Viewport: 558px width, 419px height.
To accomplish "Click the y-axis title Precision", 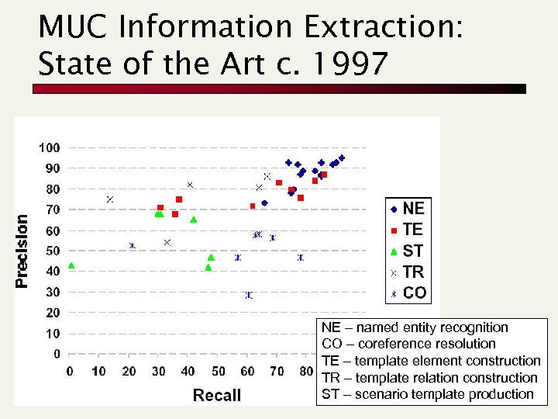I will click(22, 251).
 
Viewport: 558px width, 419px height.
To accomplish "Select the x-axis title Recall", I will click(217, 395).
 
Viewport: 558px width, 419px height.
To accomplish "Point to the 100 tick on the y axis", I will click(49, 147).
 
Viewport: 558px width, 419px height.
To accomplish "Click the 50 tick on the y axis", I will click(52, 251).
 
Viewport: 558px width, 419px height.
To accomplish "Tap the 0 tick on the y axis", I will click(56, 354).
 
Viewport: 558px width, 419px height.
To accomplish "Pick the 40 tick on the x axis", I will click(188, 372).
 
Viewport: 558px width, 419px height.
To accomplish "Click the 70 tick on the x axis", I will click(277, 372).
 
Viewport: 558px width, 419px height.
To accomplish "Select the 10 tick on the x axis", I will click(99, 372).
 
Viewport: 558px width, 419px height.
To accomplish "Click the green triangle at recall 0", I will click(71, 265).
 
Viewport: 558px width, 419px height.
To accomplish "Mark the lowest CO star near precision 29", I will click(249, 295).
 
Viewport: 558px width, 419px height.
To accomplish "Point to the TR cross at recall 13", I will click(110, 199).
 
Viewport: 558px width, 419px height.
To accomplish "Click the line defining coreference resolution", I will click(408, 344).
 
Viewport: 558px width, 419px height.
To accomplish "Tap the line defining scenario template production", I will click(427, 394).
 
